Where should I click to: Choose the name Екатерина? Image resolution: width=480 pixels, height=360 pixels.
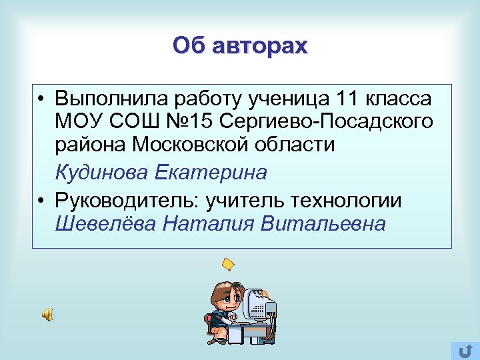(x=211, y=173)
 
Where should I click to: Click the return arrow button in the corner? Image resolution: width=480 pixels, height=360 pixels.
(x=465, y=350)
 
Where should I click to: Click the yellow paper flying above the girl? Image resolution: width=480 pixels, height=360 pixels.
(x=229, y=265)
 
